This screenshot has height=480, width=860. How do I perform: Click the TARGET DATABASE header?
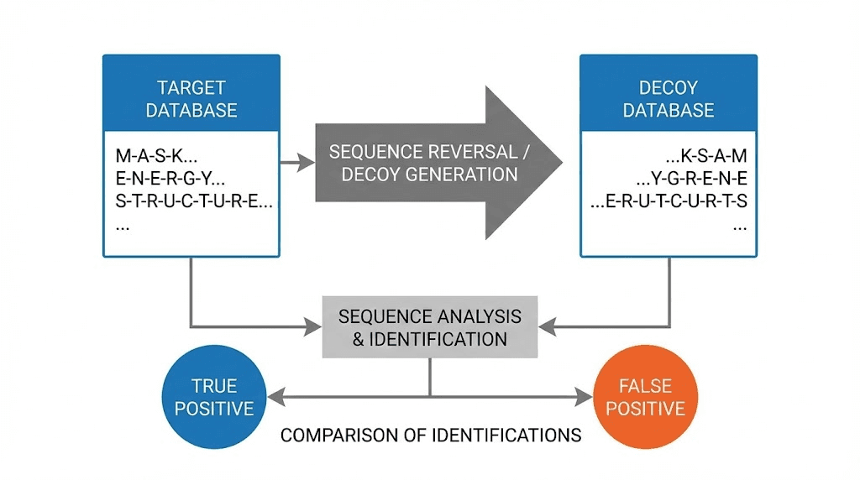point(191,98)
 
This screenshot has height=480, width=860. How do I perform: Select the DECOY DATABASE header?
point(669,98)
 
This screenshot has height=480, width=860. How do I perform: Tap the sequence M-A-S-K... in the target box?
point(157,155)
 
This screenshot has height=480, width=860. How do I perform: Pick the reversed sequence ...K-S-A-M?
point(705,155)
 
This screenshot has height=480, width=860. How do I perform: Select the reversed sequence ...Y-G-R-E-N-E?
point(691,178)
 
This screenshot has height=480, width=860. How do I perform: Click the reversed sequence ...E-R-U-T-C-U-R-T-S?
point(669,201)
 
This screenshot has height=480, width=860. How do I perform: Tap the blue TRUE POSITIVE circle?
point(214,397)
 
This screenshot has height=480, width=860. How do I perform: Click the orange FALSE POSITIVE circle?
point(645,397)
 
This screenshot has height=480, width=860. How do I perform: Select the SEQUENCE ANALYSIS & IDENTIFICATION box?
point(429,327)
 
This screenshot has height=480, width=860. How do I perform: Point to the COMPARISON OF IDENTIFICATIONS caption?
point(430,436)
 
